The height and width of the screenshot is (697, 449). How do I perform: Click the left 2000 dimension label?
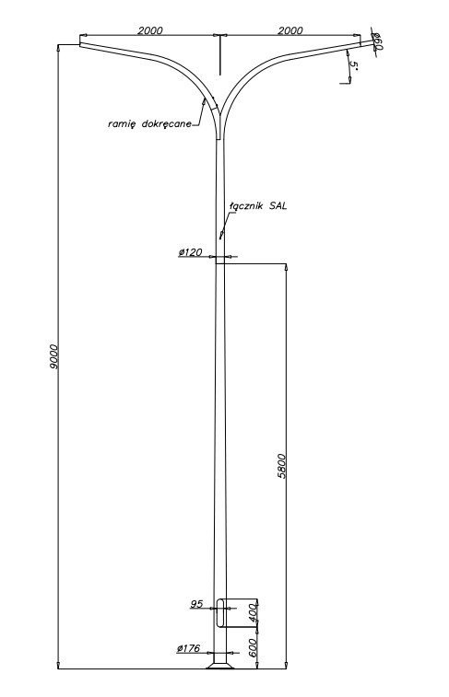pyautogui.click(x=150, y=30)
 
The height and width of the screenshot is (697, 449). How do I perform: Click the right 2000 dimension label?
pyautogui.click(x=290, y=30)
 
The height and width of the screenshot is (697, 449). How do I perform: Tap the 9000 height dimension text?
pyautogui.click(x=53, y=356)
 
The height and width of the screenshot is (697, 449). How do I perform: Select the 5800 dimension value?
pyautogui.click(x=282, y=466)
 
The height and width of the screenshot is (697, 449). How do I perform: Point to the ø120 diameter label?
pyautogui.click(x=191, y=252)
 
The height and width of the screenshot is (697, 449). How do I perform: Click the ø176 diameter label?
pyautogui.click(x=188, y=648)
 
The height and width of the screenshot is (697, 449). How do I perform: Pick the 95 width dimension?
pyautogui.click(x=196, y=604)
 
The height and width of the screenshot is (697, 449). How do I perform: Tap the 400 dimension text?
pyautogui.click(x=253, y=612)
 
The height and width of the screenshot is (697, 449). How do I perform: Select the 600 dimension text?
pyautogui.click(x=253, y=647)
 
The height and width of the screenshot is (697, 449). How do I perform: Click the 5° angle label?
pyautogui.click(x=354, y=64)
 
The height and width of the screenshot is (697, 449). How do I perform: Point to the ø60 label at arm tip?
pyautogui.click(x=377, y=41)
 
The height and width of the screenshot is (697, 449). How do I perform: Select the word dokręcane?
pyautogui.click(x=167, y=123)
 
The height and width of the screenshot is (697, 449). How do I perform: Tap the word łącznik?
pyautogui.click(x=247, y=206)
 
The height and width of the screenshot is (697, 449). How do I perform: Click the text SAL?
pyautogui.click(x=278, y=206)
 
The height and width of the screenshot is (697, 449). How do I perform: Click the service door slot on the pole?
pyautogui.click(x=220, y=613)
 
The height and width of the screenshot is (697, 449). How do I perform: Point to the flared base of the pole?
pyautogui.click(x=219, y=665)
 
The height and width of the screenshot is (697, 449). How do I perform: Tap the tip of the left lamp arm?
pyautogui.click(x=80, y=41)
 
